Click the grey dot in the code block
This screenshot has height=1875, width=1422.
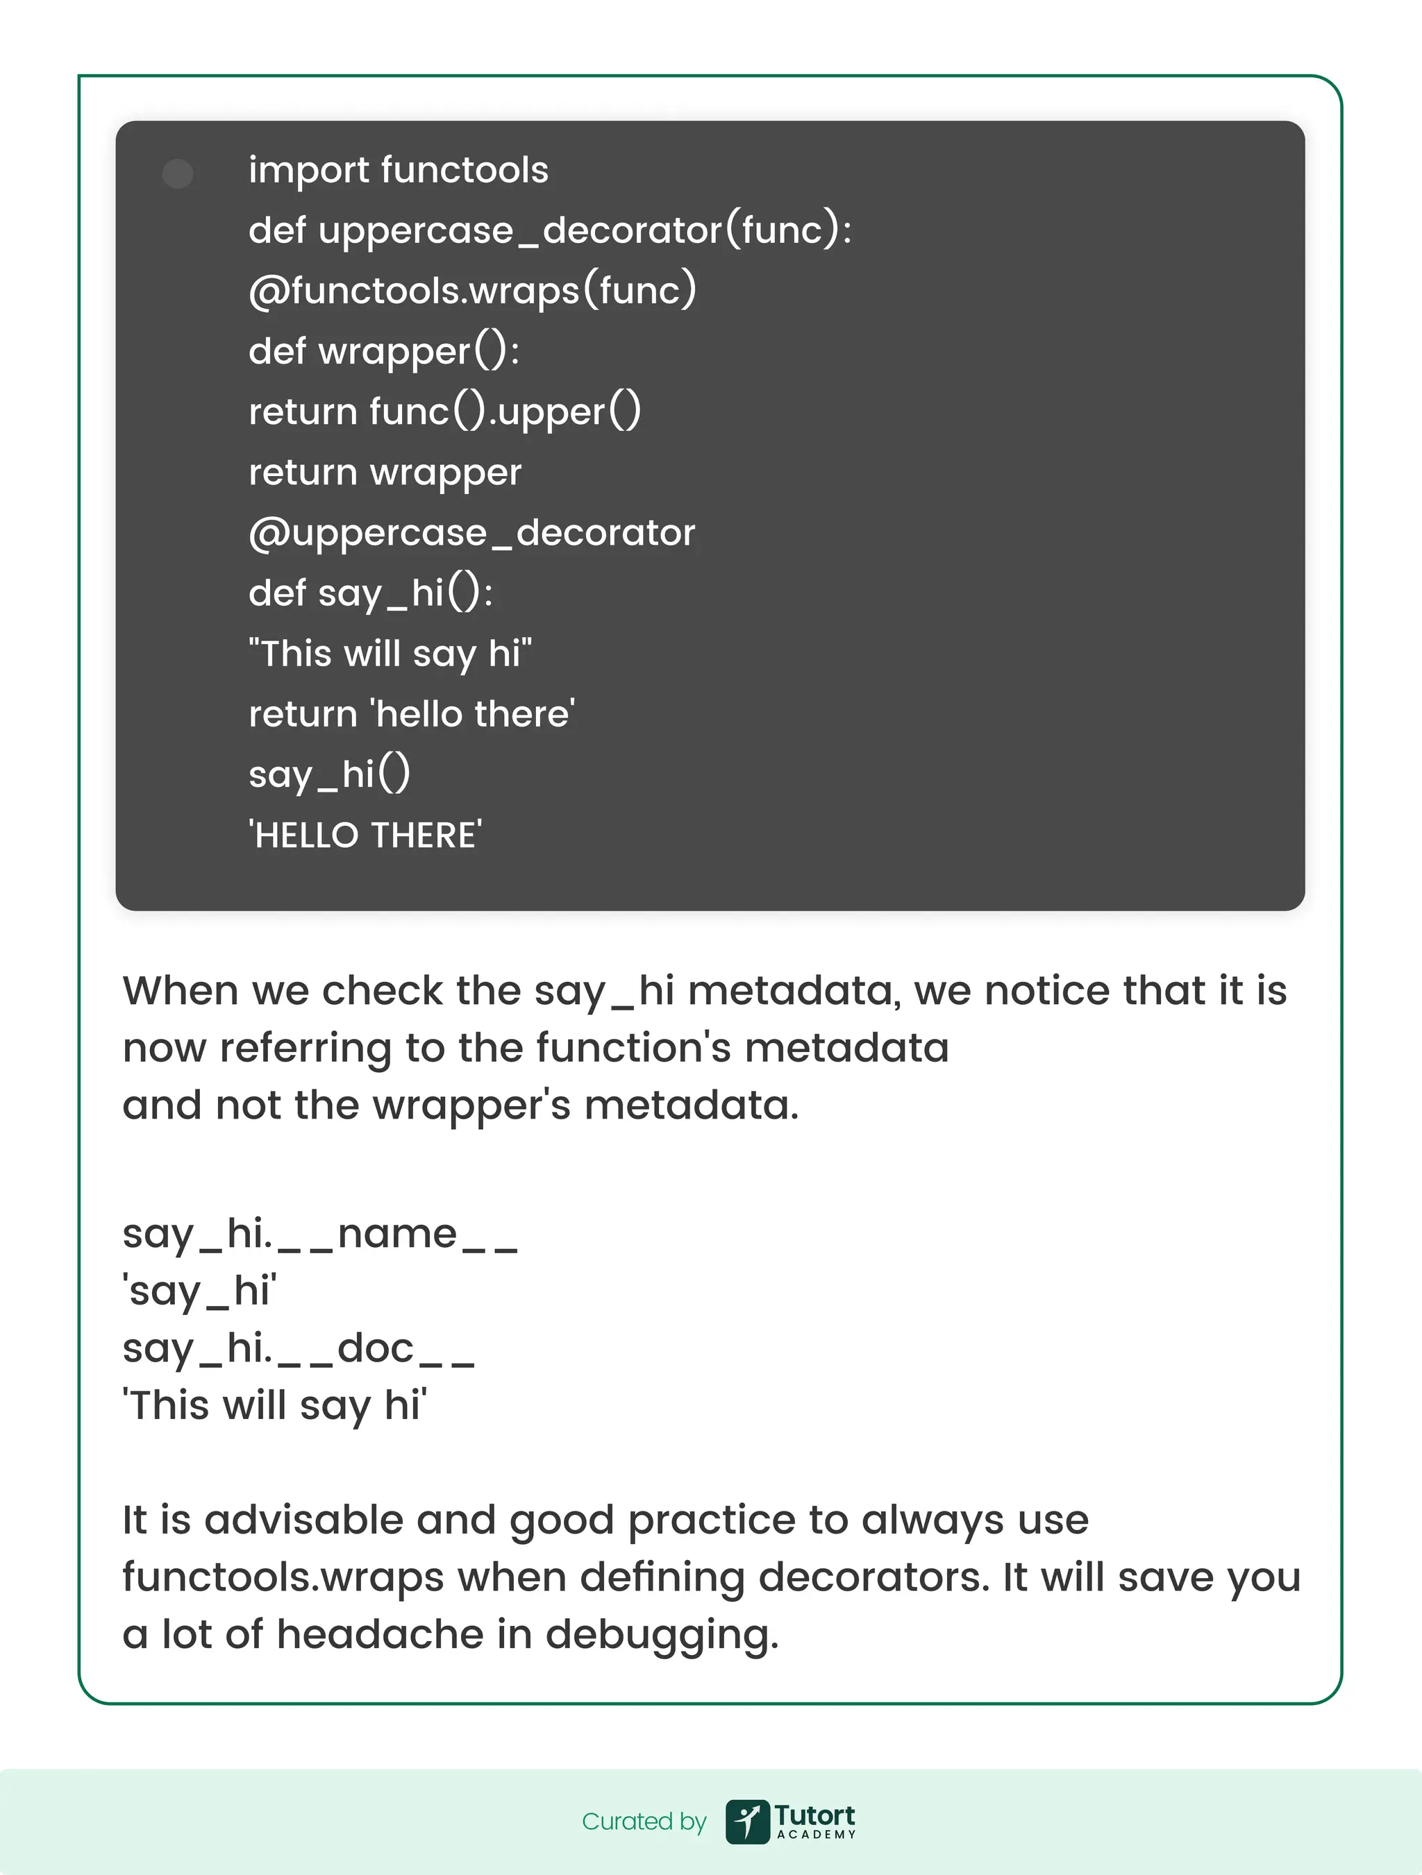pyautogui.click(x=177, y=173)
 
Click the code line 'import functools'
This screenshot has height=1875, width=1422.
pyautogui.click(x=398, y=171)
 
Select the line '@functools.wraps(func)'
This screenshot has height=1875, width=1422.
pyautogui.click(x=471, y=291)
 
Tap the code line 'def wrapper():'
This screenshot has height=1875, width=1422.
pyautogui.click(x=383, y=351)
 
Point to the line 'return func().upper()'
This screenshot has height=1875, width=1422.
pyautogui.click(x=444, y=412)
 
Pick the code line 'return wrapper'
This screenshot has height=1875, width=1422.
pyautogui.click(x=384, y=472)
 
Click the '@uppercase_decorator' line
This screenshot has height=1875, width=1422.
pyautogui.click(x=471, y=533)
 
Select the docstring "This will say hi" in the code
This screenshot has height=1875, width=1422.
pyautogui.click(x=390, y=654)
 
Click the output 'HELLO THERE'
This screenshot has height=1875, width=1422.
pyautogui.click(x=365, y=835)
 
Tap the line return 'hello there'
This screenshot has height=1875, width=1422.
pyautogui.click(x=411, y=714)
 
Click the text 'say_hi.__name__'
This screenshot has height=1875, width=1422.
pyautogui.click(x=319, y=1235)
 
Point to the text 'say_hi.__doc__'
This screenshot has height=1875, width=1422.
pyautogui.click(x=298, y=1348)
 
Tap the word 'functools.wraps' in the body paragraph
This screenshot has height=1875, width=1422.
pyautogui.click(x=283, y=1577)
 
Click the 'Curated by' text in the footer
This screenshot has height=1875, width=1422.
pyautogui.click(x=644, y=1822)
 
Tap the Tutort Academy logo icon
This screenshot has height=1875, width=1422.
pyautogui.click(x=747, y=1822)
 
